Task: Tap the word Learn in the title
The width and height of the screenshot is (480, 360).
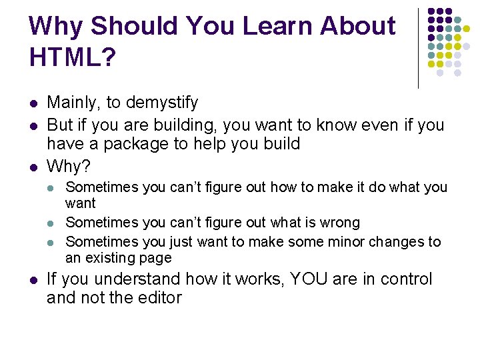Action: tap(279, 26)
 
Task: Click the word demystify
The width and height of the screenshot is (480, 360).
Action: tap(162, 103)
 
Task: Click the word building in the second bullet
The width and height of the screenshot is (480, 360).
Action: tap(185, 125)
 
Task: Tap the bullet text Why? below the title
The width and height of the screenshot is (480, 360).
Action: tap(69, 165)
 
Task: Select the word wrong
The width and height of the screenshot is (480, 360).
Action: tap(336, 223)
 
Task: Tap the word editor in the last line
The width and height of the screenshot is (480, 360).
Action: tap(160, 298)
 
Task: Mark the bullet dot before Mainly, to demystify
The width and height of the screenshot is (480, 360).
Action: tap(33, 103)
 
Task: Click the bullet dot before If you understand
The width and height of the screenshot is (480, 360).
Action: tap(33, 280)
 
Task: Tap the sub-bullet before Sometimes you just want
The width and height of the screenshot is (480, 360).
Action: tap(53, 242)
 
